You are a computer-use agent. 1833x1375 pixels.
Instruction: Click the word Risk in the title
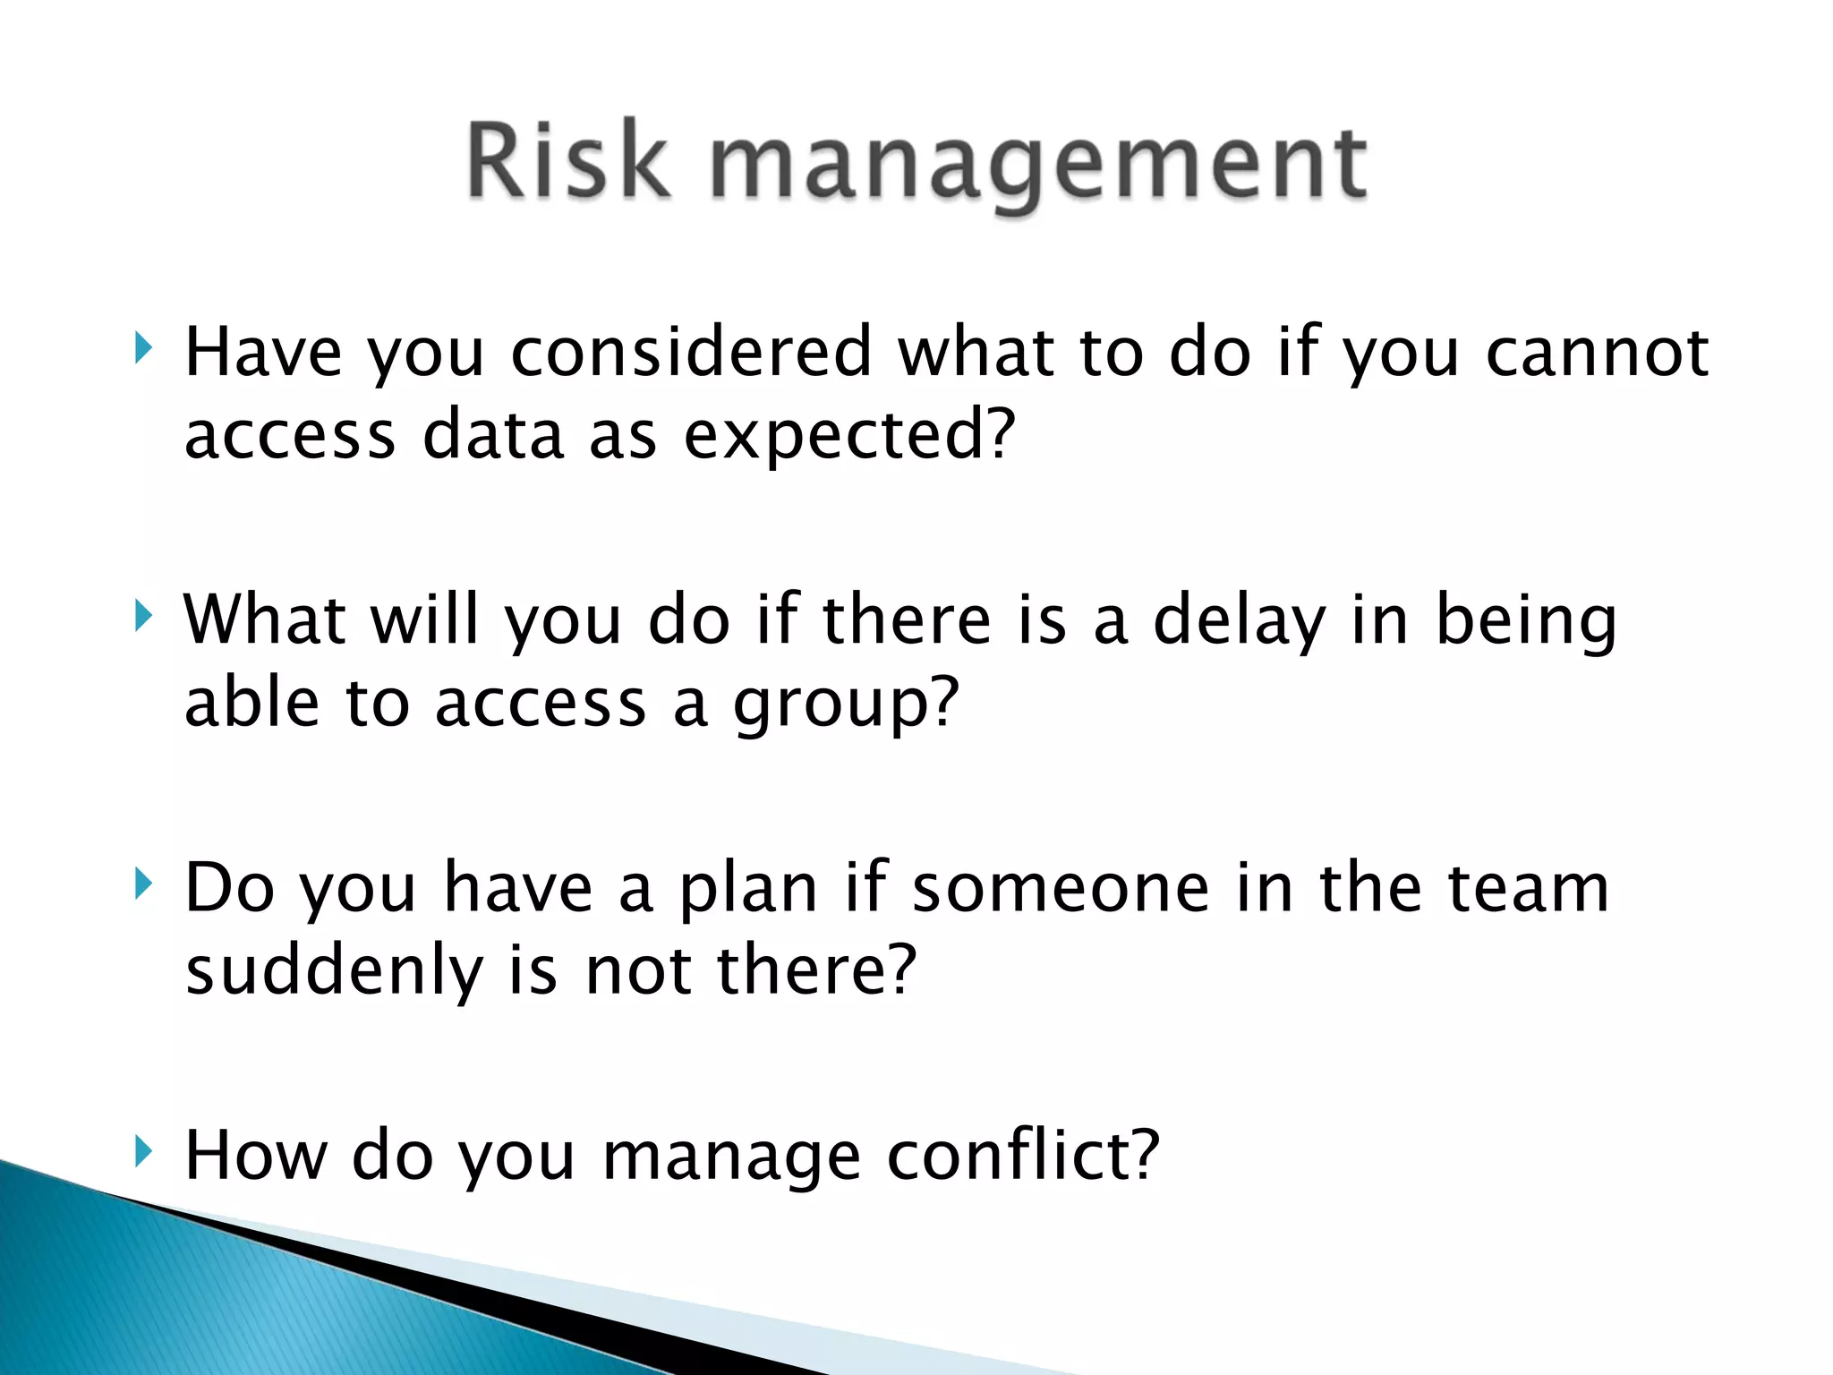567,161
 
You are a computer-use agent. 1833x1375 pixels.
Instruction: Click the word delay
1239,622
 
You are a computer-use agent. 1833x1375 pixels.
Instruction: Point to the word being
1526,622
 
